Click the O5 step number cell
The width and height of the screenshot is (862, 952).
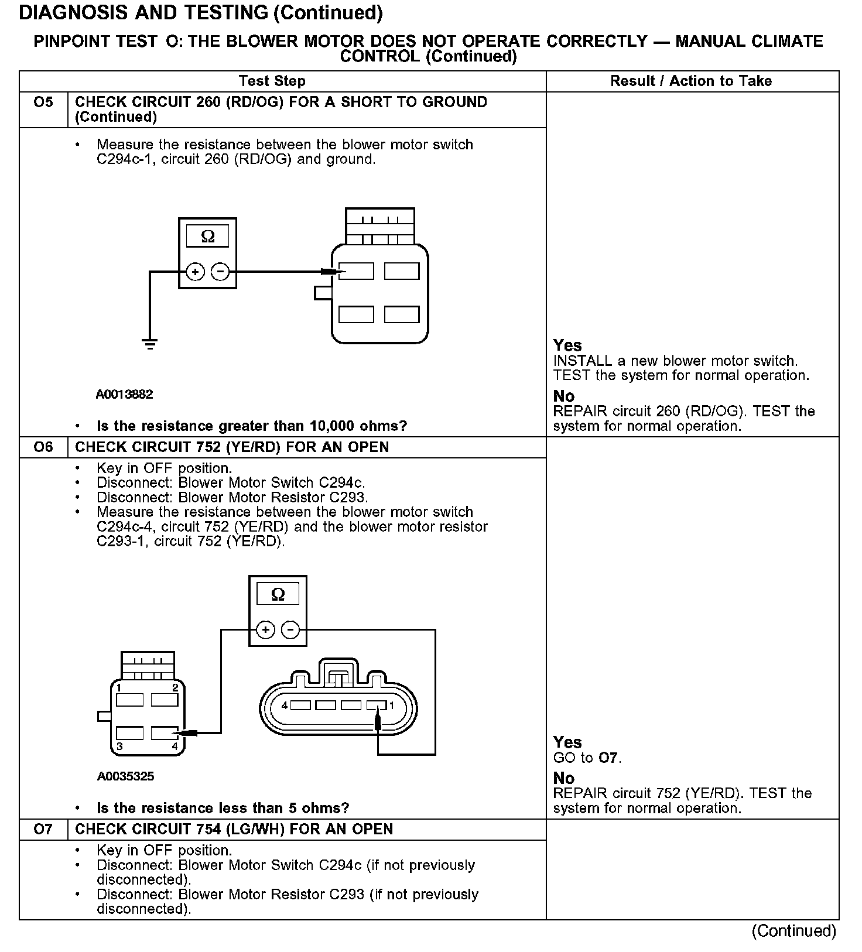tap(43, 103)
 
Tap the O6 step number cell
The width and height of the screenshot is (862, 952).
tap(43, 447)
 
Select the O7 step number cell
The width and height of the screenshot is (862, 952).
tap(43, 829)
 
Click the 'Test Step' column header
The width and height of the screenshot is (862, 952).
tap(272, 81)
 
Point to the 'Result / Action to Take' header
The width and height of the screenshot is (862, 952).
tap(691, 81)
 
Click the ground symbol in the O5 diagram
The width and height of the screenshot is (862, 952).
tap(150, 344)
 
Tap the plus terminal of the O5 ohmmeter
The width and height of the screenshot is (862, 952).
tap(195, 272)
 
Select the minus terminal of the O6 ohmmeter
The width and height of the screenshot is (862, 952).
tap(290, 630)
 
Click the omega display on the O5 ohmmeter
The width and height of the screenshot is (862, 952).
tap(208, 237)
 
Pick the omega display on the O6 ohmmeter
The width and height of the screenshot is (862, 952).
tap(278, 594)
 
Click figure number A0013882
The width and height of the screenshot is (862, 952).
tap(124, 395)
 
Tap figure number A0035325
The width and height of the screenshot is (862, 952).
tap(126, 776)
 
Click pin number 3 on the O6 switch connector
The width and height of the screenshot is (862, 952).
tap(119, 746)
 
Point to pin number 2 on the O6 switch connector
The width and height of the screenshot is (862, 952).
tap(175, 687)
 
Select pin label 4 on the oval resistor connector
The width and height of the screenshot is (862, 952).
tap(285, 706)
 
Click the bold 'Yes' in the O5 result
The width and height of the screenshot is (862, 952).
tap(567, 345)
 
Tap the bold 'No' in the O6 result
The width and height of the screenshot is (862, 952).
tap(564, 778)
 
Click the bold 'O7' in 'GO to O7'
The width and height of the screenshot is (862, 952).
tap(609, 758)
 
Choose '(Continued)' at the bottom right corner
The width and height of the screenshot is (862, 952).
tap(793, 931)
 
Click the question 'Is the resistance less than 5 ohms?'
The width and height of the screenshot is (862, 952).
tap(223, 809)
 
